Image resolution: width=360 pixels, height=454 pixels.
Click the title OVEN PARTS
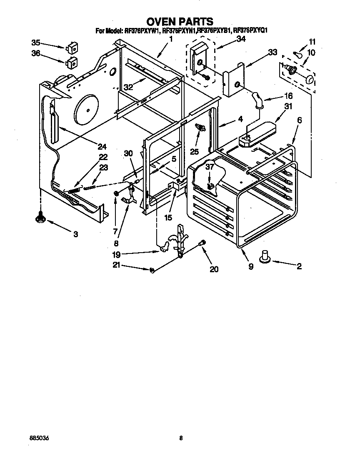click(180, 21)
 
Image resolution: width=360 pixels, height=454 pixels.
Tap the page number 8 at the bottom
click(180, 438)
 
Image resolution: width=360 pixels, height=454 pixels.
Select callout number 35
click(36, 43)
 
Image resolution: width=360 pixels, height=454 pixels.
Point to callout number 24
click(102, 146)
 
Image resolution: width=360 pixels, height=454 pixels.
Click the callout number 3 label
click(75, 234)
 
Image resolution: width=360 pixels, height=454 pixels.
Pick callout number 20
click(214, 269)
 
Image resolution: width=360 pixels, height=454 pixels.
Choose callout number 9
click(251, 267)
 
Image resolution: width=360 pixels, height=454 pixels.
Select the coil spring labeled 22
click(74, 190)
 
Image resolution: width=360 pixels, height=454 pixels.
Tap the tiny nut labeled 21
click(152, 271)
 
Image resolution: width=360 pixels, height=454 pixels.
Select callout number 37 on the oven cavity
click(209, 167)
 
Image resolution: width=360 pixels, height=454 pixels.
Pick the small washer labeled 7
click(117, 193)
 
